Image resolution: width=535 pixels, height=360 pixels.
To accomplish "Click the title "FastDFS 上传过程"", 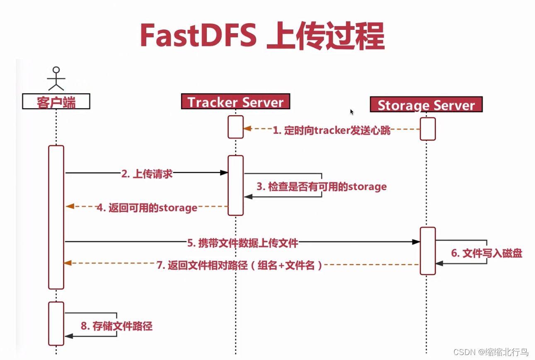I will tap(262, 36).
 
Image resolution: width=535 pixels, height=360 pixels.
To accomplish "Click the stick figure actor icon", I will tap(56, 78).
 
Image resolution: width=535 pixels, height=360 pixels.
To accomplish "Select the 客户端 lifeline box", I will tap(56, 101).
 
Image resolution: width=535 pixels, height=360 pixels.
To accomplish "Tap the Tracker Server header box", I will tap(235, 102).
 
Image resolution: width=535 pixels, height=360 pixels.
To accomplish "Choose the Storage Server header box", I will tap(426, 105).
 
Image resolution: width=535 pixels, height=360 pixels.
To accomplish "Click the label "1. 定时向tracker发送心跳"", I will tap(331, 130).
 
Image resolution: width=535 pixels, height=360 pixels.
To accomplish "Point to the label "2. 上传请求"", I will tap(147, 174).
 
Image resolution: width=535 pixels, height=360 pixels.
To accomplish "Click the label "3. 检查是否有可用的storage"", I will tap(321, 186).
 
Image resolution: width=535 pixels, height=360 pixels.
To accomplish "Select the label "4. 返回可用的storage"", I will tap(147, 207).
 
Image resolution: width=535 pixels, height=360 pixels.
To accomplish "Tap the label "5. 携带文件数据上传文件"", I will tap(242, 243).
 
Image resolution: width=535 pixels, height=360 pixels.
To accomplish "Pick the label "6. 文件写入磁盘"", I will tap(487, 253).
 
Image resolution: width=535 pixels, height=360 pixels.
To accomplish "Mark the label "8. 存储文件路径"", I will tap(116, 326).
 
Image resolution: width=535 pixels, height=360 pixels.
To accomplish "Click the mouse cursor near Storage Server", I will tap(352, 112).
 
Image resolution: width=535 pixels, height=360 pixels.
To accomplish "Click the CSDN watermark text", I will tap(491, 352).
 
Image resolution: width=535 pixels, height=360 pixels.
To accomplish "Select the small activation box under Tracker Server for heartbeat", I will tap(235, 127).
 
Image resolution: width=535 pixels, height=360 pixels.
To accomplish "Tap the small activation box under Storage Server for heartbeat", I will tap(428, 129).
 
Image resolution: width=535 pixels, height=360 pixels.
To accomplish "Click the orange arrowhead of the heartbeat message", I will tap(247, 129).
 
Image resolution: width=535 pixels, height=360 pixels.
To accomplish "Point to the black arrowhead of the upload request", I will tap(224, 172).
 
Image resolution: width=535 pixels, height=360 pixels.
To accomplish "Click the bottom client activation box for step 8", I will tap(56, 323).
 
